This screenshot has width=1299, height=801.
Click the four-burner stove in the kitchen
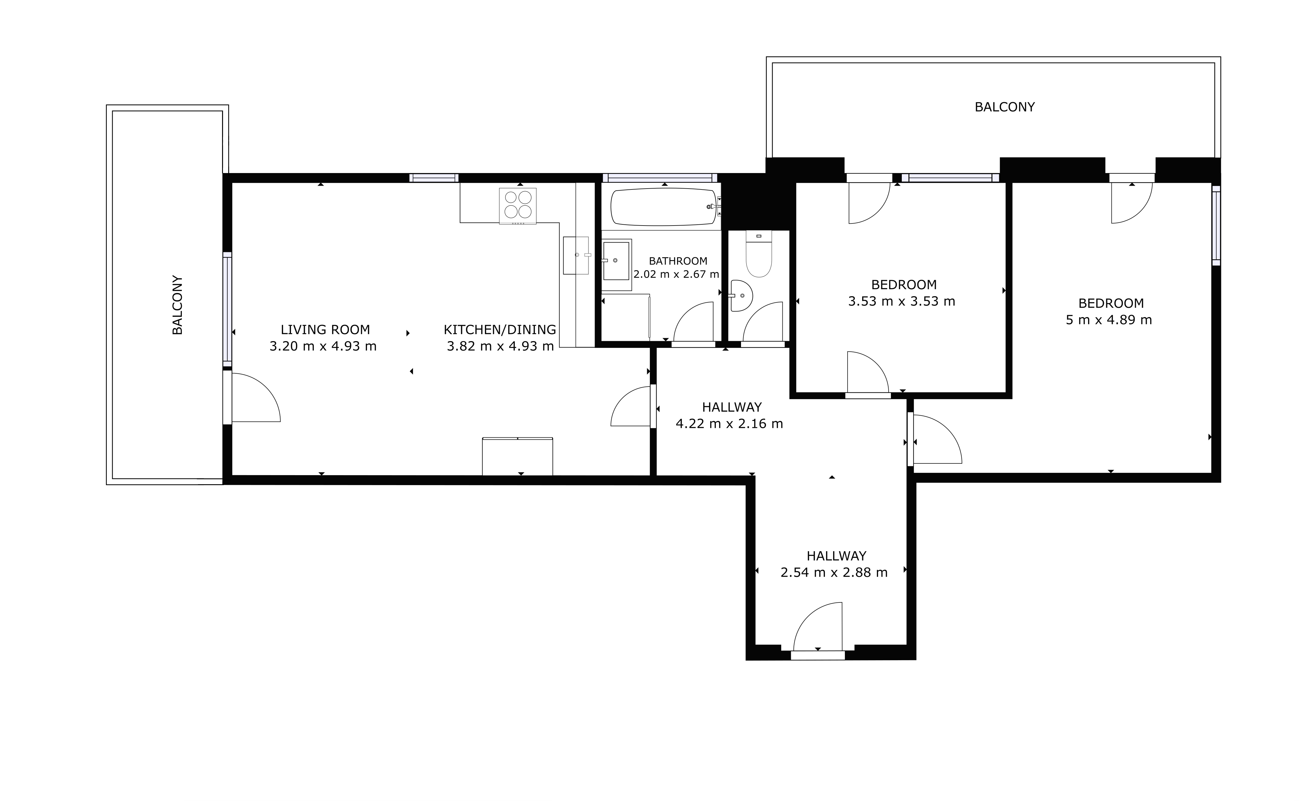pos(517,206)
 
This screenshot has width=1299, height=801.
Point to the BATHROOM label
pos(678,261)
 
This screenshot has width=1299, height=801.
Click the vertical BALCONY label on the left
pos(177,305)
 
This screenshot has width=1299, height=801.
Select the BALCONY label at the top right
pos(1004,107)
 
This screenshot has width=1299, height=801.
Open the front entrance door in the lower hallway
pos(817,630)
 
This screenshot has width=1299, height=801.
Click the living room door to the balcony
pos(252,397)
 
